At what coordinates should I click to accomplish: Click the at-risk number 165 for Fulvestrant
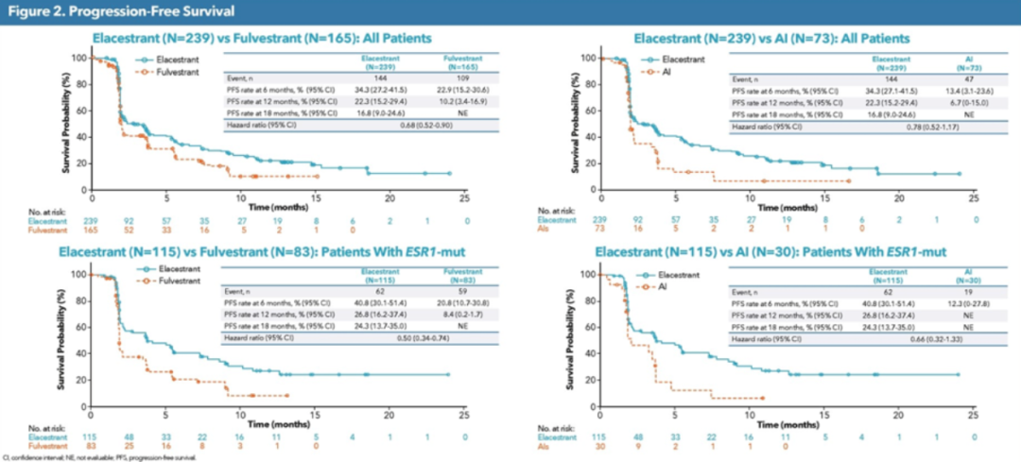coord(93,229)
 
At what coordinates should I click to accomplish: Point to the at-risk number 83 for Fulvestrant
coord(93,444)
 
